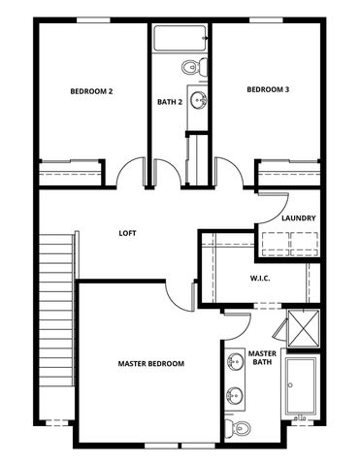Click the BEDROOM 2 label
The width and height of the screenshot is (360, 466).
[91, 91]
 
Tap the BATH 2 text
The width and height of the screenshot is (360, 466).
[170, 101]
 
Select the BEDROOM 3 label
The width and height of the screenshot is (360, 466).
[268, 90]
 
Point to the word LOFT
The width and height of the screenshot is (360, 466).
[127, 233]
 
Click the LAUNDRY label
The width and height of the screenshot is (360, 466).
[298, 218]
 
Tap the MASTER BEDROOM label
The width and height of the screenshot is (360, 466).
[150, 364]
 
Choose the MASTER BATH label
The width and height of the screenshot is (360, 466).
[262, 358]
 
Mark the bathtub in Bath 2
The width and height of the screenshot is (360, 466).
[180, 40]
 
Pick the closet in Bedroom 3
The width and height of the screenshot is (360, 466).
[288, 173]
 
